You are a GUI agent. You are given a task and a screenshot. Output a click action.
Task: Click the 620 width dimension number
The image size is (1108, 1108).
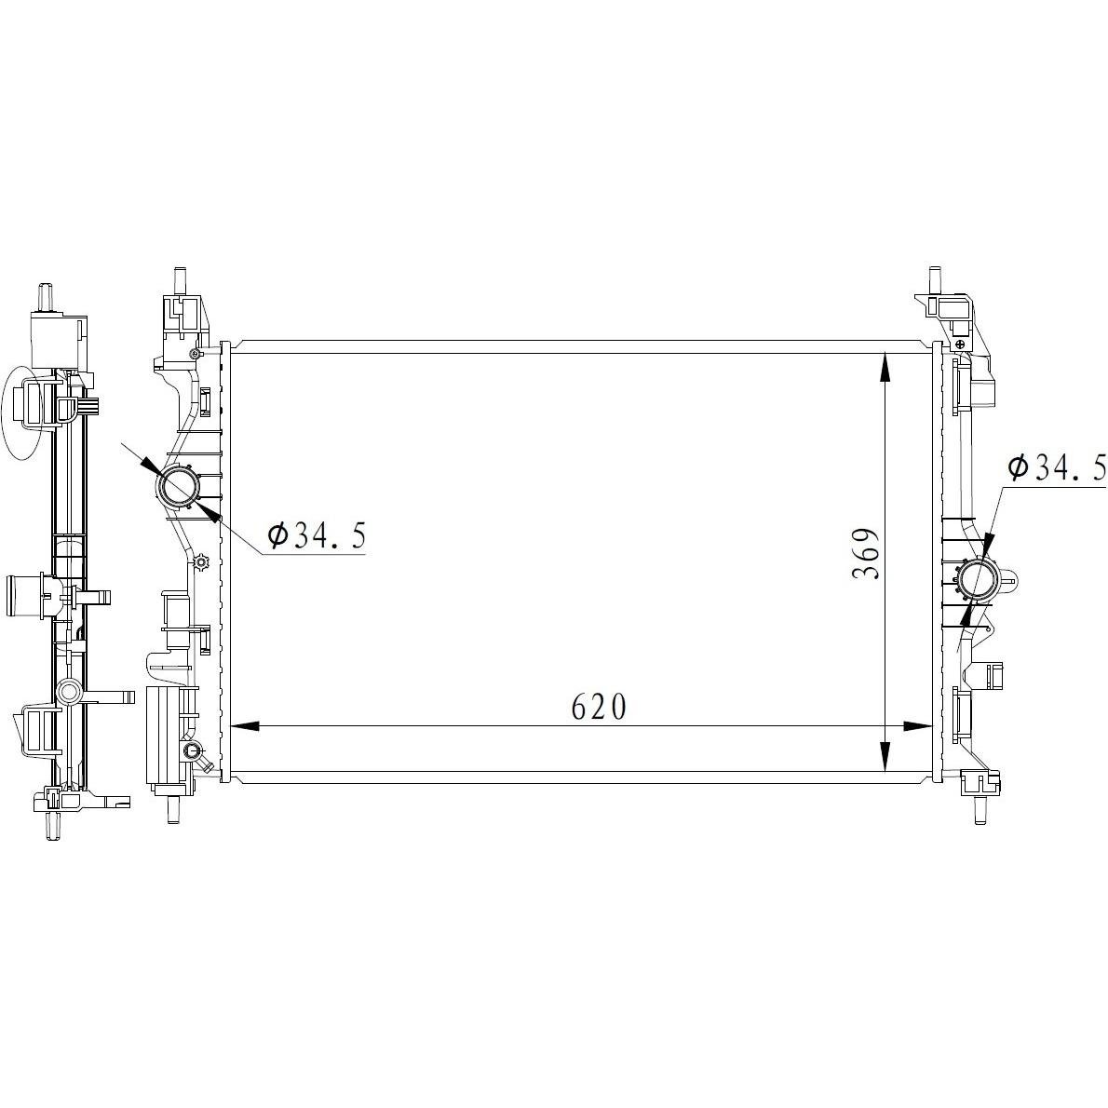click(599, 707)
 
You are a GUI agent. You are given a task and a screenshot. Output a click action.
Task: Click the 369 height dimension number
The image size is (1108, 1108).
click(865, 553)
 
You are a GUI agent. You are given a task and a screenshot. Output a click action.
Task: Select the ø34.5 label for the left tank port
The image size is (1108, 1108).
click(317, 536)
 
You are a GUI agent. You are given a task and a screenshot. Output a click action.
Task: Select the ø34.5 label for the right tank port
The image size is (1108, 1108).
click(1057, 467)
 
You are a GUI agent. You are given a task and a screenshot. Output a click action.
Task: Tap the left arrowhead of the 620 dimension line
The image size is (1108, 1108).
click(245, 725)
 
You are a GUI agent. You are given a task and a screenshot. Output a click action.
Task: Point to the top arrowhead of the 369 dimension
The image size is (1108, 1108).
click(886, 368)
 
